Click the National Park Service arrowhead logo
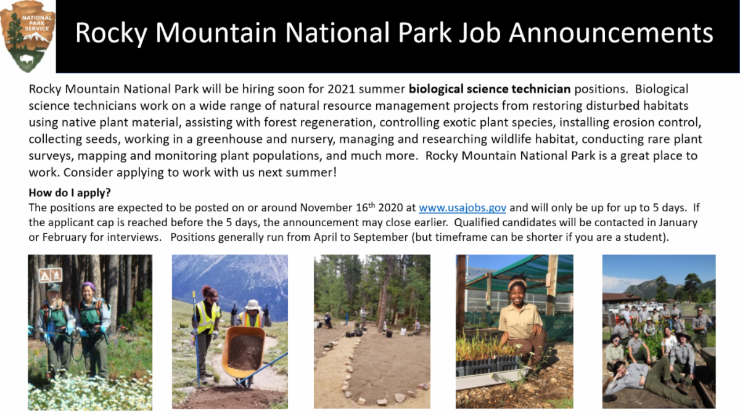point(28,36)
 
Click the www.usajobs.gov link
point(462,208)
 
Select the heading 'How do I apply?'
point(70,192)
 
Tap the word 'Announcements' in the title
point(611,33)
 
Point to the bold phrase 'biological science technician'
point(490,89)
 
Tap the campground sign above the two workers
point(50,275)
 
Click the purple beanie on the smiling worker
point(88,285)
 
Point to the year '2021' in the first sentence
point(341,89)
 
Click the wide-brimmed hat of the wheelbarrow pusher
point(253,304)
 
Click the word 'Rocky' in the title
point(111,33)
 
